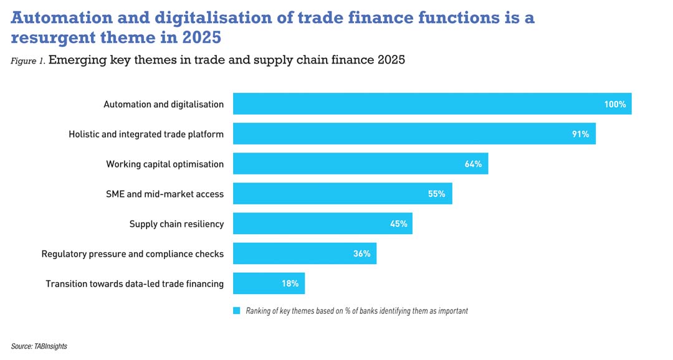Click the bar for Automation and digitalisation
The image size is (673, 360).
tap(432, 104)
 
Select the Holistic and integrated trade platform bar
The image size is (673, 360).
tap(414, 134)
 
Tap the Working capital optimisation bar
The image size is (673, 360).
tap(360, 164)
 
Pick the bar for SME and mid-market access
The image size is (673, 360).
tap(342, 194)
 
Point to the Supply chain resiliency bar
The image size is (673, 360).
tap(322, 224)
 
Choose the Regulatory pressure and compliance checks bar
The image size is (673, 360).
tap(304, 253)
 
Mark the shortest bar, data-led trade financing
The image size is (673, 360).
tap(269, 283)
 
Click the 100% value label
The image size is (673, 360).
tap(614, 104)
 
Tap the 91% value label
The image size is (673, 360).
tap(580, 134)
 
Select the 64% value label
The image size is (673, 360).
tap(473, 164)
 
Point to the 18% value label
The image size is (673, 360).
tap(290, 283)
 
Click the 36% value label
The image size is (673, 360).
tap(362, 253)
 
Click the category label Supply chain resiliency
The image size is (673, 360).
tap(176, 224)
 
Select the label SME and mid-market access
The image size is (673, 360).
tap(165, 194)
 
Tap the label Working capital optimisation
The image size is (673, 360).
tap(165, 164)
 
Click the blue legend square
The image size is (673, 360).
tap(236, 310)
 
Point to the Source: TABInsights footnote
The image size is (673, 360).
tap(39, 346)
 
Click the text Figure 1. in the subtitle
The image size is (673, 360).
tap(27, 61)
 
